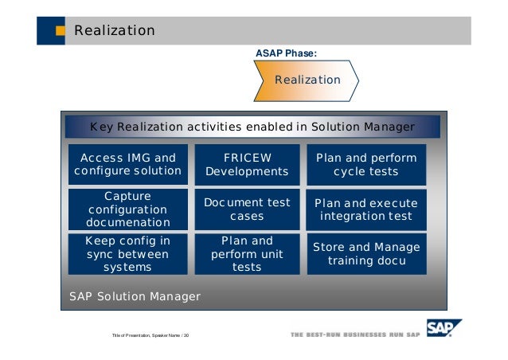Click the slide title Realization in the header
114,31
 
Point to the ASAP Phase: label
286,53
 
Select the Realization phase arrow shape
307,80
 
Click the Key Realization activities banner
252,127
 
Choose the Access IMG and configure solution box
127,164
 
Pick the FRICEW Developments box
247,164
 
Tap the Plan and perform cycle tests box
366,164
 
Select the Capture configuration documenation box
127,209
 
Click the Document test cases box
247,209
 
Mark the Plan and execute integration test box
366,209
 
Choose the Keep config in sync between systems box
127,253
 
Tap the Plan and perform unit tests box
247,253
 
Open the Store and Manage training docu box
366,253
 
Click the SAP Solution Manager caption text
135,297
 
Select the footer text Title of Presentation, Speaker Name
150,335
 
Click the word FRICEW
247,158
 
